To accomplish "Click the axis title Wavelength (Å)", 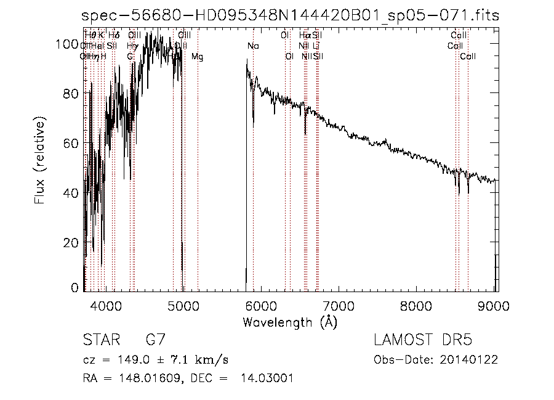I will tap(290, 322).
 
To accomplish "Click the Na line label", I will tap(253, 46).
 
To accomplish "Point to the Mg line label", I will tap(198, 57).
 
